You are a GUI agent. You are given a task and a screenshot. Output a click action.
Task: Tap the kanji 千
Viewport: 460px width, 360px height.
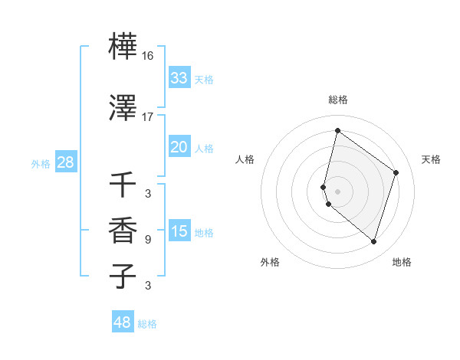coord(123,184)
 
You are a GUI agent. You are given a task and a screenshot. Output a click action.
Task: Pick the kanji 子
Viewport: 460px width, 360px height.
coord(123,276)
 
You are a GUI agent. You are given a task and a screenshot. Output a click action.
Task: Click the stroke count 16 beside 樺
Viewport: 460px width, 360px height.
coord(148,56)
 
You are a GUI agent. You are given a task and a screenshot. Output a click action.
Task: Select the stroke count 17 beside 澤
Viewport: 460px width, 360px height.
coord(148,117)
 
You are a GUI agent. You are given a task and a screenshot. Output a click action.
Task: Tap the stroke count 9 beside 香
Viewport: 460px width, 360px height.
coord(148,240)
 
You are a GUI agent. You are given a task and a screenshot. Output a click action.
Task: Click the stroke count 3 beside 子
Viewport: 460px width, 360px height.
coord(148,286)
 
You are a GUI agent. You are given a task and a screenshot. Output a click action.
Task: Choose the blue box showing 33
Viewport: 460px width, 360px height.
coord(179,78)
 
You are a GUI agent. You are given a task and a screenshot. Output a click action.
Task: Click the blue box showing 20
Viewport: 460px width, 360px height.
coord(179,147)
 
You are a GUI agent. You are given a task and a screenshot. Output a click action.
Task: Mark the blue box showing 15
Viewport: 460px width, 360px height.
coord(179,231)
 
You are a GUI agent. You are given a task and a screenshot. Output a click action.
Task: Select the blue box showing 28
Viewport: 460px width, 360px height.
coord(65,162)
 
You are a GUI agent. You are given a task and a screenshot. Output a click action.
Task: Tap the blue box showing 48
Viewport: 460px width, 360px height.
coord(123,322)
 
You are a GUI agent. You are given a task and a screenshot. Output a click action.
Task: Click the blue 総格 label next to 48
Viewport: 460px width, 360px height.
coord(147,324)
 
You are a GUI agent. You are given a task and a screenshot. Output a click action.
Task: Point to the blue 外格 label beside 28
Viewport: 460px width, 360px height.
coord(41,163)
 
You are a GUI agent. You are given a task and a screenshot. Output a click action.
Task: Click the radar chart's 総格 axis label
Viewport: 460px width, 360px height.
coord(337,100)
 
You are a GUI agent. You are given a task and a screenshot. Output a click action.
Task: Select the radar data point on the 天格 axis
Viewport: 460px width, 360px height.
coord(396,172)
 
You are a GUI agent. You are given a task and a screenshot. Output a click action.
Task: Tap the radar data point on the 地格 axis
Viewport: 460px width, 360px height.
coord(373,242)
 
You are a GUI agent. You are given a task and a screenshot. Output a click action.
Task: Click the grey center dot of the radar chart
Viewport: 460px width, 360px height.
coord(337,191)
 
